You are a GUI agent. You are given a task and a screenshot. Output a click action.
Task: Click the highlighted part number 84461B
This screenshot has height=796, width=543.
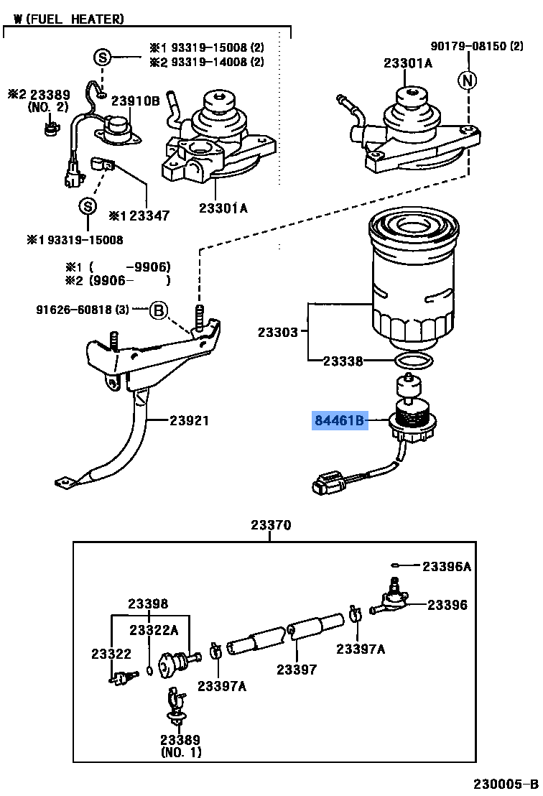point(340,420)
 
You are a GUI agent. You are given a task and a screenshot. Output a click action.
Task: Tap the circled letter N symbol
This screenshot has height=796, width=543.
point(468,80)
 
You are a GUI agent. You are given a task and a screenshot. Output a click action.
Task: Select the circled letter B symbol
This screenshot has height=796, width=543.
point(158,310)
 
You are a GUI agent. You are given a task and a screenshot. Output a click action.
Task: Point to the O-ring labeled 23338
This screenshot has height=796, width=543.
point(414,361)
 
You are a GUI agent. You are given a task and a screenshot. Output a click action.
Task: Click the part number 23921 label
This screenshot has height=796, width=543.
point(189,420)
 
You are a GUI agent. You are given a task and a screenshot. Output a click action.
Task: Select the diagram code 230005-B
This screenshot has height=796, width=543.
point(506,784)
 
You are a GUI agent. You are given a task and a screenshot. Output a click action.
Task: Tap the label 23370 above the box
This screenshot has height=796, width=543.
point(271,524)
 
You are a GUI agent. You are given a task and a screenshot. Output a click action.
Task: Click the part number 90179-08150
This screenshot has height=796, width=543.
point(468,46)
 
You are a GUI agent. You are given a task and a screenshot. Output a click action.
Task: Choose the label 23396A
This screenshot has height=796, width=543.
point(447,566)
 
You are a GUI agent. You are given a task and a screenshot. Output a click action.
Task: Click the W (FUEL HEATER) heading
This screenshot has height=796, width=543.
point(68,19)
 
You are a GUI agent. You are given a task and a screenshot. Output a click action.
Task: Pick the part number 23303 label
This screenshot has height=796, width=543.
point(277,332)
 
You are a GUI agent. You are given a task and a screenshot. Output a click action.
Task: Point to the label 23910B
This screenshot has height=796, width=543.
point(136,101)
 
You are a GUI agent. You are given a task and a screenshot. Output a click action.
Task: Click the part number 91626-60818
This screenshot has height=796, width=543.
point(75,309)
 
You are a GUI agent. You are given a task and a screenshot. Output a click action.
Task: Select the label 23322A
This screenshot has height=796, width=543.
point(154,630)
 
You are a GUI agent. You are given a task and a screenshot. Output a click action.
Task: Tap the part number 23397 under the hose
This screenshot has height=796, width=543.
point(297,670)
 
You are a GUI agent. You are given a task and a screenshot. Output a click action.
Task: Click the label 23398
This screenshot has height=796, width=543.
point(148,603)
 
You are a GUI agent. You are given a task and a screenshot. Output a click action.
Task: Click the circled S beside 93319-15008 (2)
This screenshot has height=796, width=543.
point(103,57)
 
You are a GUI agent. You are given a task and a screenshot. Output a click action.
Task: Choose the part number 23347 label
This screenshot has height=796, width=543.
point(149,216)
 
